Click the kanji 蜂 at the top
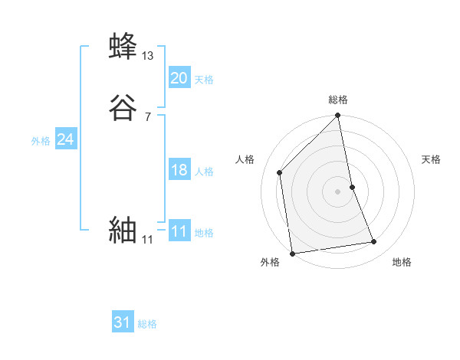[x=123, y=45]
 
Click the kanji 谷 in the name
[x=123, y=107]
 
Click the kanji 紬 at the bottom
[x=123, y=230]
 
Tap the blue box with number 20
[x=179, y=78]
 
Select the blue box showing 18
[x=179, y=170]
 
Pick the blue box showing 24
[x=66, y=139]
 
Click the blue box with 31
[x=123, y=323]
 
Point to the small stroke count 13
[x=148, y=55]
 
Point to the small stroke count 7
[x=147, y=116]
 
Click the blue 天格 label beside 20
[x=204, y=80]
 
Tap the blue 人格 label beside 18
[x=204, y=172]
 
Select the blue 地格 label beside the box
[x=204, y=233]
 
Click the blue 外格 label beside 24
[x=41, y=141]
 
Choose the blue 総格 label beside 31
[x=147, y=325]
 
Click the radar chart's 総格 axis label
[x=338, y=100]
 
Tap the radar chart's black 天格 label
[x=432, y=159]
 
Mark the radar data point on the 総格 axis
[x=338, y=116]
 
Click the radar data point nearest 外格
[x=292, y=254]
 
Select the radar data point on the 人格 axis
[x=280, y=172]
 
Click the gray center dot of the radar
[x=338, y=191]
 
